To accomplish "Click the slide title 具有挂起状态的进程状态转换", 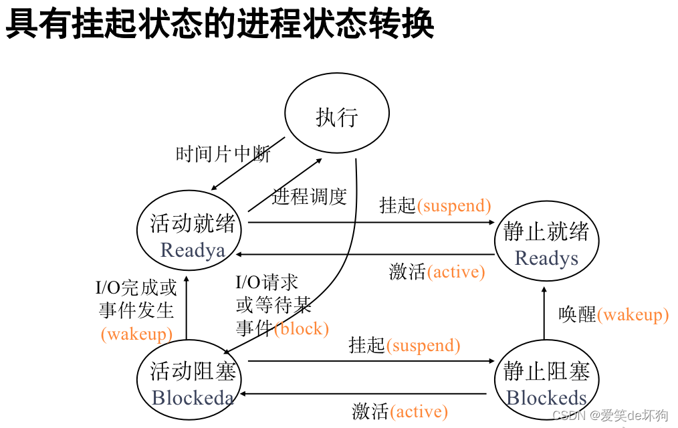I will (221, 25).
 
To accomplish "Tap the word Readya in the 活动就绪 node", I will (193, 250).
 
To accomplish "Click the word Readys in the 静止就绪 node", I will (546, 258).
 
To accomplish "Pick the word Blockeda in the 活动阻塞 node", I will (193, 398).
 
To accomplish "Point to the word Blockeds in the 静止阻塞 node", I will (546, 398).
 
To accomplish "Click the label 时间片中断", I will (223, 154).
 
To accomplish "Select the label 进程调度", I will (309, 197).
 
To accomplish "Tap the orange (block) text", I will (302, 328).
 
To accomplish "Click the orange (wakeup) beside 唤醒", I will (633, 315).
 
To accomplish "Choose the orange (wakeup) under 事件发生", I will (136, 334).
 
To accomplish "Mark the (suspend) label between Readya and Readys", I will (454, 205).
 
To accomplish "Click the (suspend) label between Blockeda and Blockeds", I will (423, 345).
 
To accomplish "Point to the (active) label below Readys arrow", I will (455, 272).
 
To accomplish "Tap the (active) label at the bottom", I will (419, 411).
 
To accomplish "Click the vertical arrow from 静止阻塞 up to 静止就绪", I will (544, 311).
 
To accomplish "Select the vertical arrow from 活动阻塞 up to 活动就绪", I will (186, 308).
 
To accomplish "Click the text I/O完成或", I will (136, 288).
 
